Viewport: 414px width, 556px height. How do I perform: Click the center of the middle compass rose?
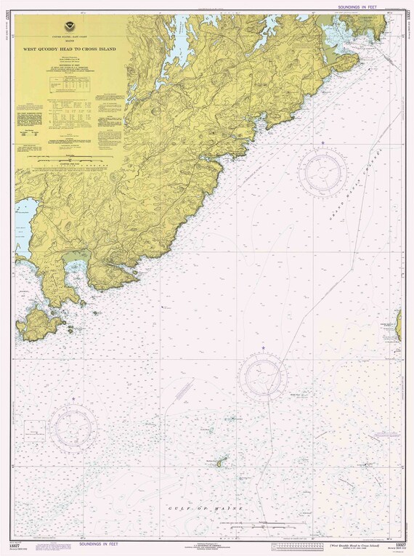tap(264, 376)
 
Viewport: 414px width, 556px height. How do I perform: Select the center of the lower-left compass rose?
tap(73, 425)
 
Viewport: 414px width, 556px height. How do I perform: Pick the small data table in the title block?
tap(70, 85)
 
